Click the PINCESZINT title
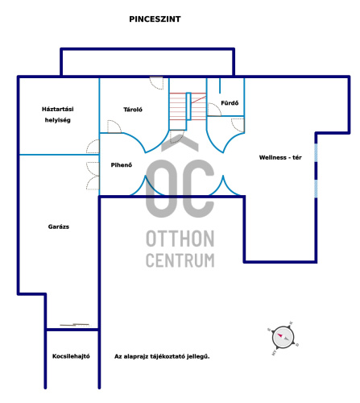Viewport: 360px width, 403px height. click(x=155, y=19)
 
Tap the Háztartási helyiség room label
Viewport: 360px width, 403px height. click(x=58, y=114)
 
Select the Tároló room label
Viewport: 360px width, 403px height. click(x=133, y=110)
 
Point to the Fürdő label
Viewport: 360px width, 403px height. click(x=230, y=103)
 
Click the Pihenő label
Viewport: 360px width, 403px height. click(x=122, y=165)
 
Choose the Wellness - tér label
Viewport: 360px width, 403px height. click(x=280, y=157)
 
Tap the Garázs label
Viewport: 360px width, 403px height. click(x=59, y=226)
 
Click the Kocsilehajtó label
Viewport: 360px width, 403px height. click(x=71, y=356)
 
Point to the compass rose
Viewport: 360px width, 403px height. click(x=283, y=338)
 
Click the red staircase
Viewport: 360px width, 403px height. click(x=188, y=106)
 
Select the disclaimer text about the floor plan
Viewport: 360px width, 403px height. click(x=162, y=356)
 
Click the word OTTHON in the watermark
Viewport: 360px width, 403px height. click(x=180, y=239)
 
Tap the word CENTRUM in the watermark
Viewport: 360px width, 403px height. click(x=180, y=260)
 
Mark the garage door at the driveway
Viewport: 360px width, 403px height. click(x=74, y=325)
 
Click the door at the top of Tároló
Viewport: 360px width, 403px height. click(x=156, y=83)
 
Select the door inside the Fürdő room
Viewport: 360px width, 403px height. click(x=214, y=110)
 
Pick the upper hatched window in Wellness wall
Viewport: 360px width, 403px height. click(x=316, y=153)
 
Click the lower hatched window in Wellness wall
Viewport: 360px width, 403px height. click(x=316, y=189)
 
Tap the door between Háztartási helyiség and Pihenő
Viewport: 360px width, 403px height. click(x=93, y=147)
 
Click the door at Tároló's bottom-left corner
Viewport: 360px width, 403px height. click(x=114, y=127)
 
